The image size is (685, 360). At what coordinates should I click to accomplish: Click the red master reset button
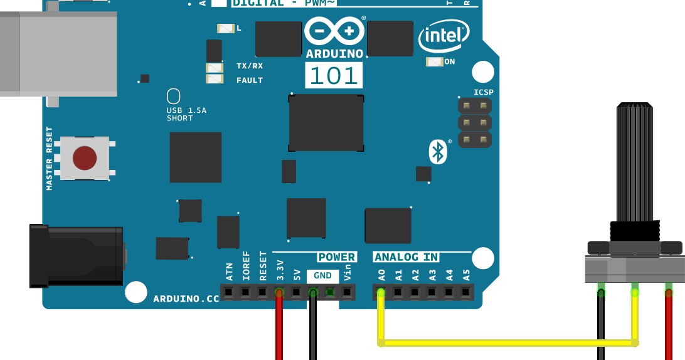[x=85, y=159]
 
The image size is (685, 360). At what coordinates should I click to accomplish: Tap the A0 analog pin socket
[x=381, y=292]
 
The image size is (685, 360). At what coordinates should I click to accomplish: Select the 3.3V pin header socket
[x=279, y=292]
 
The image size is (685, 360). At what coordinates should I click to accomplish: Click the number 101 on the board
[x=334, y=75]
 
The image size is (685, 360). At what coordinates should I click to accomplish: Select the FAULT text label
[x=250, y=80]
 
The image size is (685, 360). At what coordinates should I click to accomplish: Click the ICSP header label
[x=483, y=92]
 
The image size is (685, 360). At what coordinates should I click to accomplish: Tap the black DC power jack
[x=75, y=256]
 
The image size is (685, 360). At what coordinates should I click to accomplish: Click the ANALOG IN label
[x=406, y=257]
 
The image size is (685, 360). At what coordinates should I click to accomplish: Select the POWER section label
[x=336, y=257]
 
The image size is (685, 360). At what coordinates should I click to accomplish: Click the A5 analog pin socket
[x=465, y=292]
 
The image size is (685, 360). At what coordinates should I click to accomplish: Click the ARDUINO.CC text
[x=186, y=299]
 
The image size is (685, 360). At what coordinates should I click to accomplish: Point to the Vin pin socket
[x=347, y=292]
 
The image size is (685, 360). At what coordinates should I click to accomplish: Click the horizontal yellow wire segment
[x=508, y=342]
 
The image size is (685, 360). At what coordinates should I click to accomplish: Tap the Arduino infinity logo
[x=334, y=31]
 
